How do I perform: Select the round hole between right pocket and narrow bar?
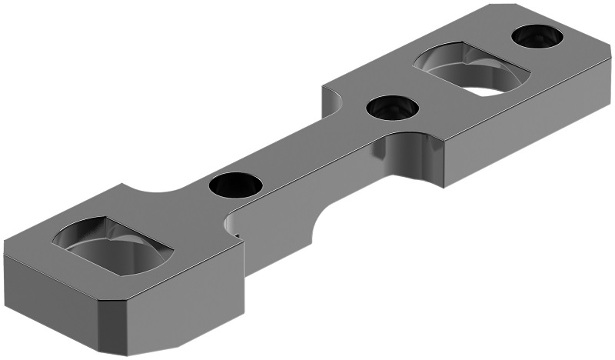(x=392, y=108)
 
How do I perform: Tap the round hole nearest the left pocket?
(x=235, y=185)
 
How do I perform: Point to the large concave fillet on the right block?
(x=415, y=158)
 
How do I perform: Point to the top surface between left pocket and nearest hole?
(x=181, y=208)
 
